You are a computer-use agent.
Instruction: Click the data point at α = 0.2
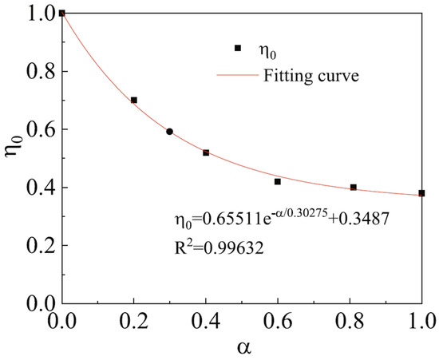click(134, 101)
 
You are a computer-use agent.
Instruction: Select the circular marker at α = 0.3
click(170, 132)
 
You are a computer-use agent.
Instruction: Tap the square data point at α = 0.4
click(206, 152)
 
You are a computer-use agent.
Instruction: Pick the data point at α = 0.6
click(278, 182)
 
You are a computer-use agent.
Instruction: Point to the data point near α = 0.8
click(354, 188)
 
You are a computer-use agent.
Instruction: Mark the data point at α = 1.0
click(421, 193)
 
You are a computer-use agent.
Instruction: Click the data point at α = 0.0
click(62, 14)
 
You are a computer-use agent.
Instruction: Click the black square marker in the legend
click(238, 48)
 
